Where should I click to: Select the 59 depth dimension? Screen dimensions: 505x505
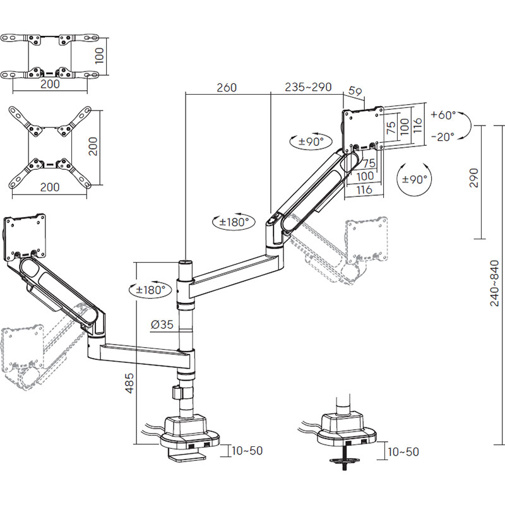pos(355,92)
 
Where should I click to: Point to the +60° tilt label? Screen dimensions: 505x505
pos(443,116)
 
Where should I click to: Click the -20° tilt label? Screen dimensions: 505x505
pos(443,136)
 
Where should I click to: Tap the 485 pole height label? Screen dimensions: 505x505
pos(129,382)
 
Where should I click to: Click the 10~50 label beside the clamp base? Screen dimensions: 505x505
pos(247,451)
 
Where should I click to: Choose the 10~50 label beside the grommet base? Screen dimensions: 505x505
pos(403,452)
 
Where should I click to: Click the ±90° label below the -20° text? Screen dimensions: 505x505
pos(414,179)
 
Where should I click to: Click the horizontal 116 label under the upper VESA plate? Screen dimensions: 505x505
pos(365,189)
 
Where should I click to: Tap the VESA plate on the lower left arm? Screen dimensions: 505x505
pos(25,237)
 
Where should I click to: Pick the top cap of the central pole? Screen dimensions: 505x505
pos(186,261)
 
